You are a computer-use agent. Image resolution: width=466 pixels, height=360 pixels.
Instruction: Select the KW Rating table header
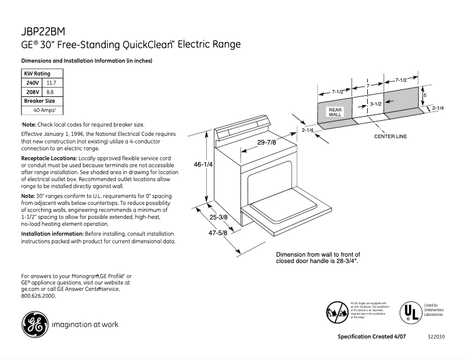(37, 74)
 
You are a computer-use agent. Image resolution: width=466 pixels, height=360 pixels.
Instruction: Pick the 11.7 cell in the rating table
(51, 83)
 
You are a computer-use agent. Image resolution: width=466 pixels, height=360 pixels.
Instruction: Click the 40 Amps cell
(44, 110)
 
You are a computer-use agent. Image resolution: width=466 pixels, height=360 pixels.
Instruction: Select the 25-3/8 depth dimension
(218, 217)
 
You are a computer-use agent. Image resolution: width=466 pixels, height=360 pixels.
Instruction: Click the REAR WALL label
(335, 112)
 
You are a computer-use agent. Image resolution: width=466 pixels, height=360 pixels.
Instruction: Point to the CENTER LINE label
(390, 136)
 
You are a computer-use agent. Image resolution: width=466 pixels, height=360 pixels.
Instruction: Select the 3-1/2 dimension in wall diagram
(376, 103)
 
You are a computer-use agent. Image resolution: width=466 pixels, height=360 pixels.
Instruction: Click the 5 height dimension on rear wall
(425, 95)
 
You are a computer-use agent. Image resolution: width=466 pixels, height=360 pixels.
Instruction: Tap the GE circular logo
(34, 325)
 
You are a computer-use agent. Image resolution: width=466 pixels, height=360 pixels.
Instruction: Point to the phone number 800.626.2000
(38, 296)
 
